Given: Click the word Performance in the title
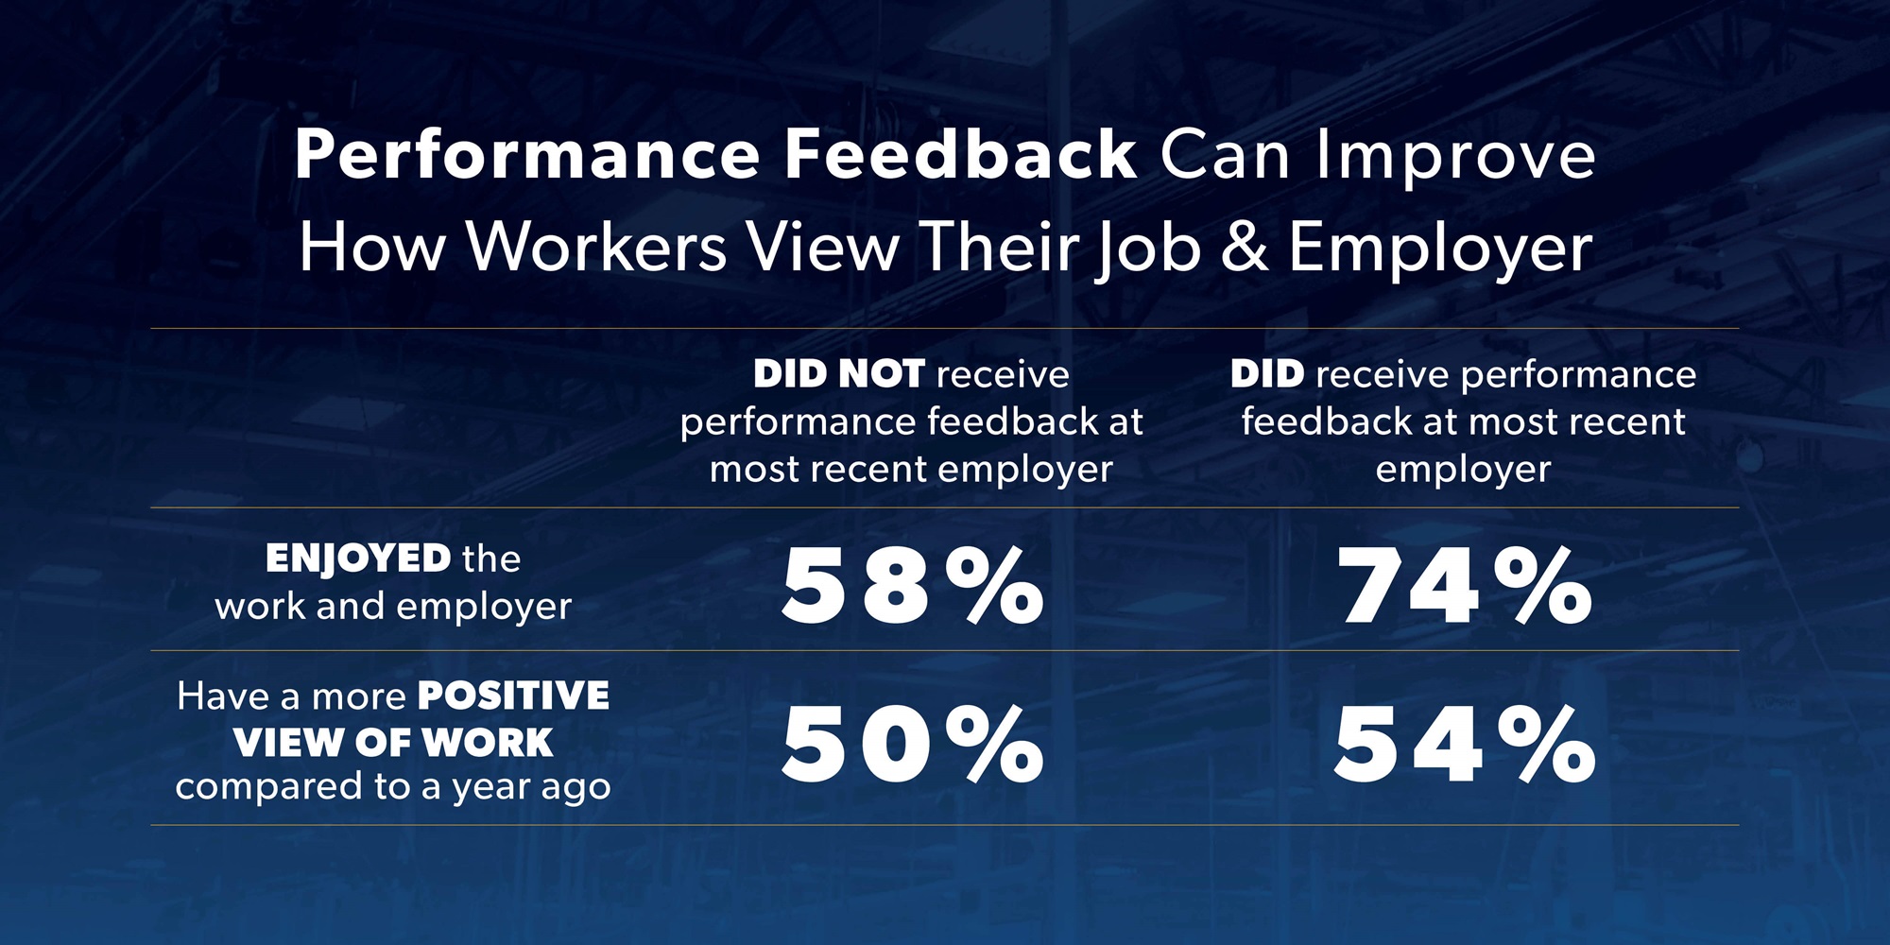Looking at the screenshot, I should [527, 155].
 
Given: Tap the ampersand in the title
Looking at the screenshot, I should [1245, 248].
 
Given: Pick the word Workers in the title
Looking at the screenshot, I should [597, 248].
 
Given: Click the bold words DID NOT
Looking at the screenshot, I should [838, 374].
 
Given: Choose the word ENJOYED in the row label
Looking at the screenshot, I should [358, 559].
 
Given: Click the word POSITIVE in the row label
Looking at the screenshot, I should [514, 696].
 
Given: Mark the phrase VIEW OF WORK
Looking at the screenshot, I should [393, 743].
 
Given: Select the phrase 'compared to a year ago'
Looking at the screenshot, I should [393, 787].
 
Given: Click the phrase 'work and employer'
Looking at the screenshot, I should [393, 606].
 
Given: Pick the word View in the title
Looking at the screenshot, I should [822, 248].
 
